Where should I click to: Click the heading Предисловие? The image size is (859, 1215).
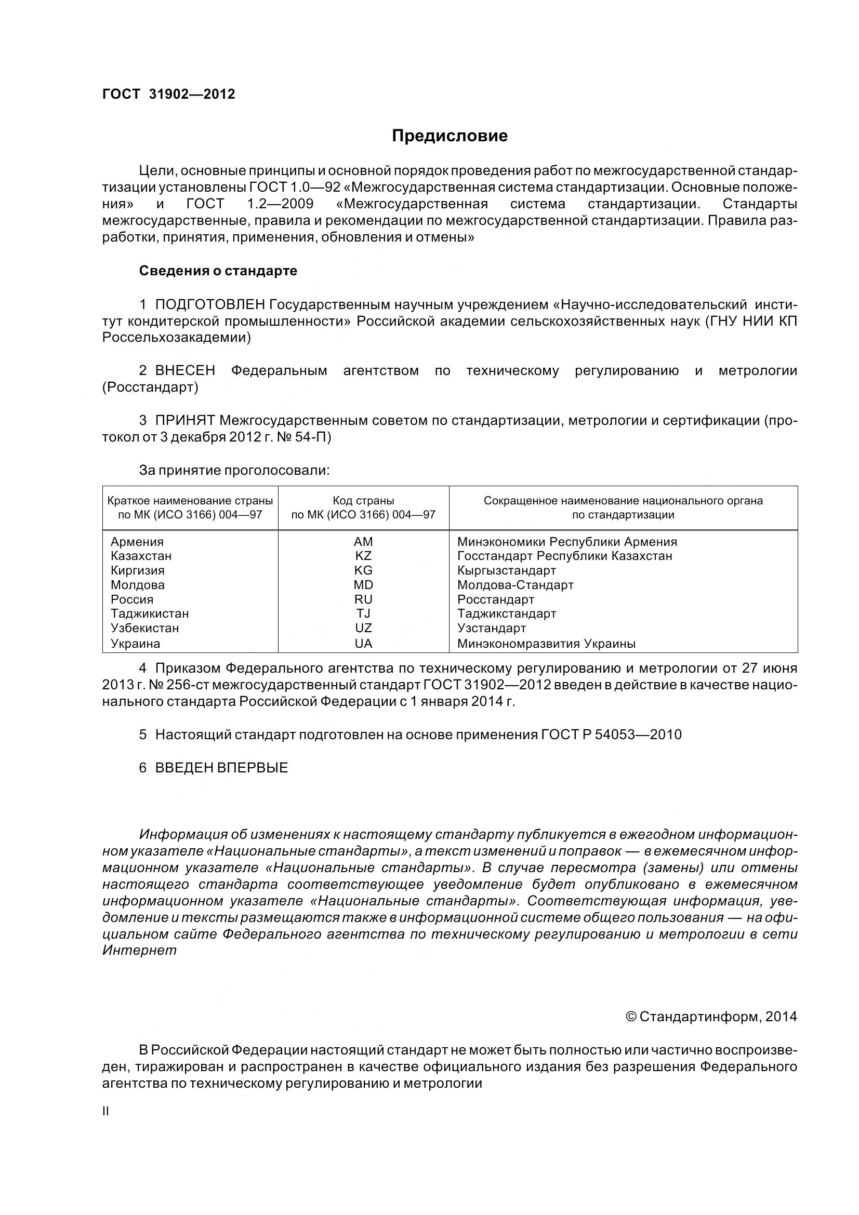click(450, 136)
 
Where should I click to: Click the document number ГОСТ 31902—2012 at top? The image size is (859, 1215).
click(168, 94)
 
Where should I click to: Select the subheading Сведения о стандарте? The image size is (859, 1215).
click(218, 271)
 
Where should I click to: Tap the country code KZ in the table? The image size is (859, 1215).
click(363, 556)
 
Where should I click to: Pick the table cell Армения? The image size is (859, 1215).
click(137, 542)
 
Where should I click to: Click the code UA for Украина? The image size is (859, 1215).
click(363, 644)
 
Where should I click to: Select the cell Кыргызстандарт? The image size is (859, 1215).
click(507, 570)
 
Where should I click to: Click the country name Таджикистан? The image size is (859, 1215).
click(150, 614)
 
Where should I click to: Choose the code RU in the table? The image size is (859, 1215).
click(363, 599)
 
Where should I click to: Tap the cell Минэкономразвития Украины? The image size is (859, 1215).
click(546, 644)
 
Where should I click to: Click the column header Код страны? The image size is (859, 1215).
click(363, 501)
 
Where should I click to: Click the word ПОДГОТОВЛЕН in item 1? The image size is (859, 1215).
click(210, 305)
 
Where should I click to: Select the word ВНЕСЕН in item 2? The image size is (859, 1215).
click(185, 370)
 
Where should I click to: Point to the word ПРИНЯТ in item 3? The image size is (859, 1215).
click(185, 421)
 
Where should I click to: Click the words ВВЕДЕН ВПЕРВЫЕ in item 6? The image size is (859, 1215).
click(222, 768)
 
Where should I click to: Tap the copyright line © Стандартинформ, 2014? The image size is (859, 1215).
click(711, 1017)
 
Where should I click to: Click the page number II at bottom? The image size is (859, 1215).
click(106, 1111)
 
